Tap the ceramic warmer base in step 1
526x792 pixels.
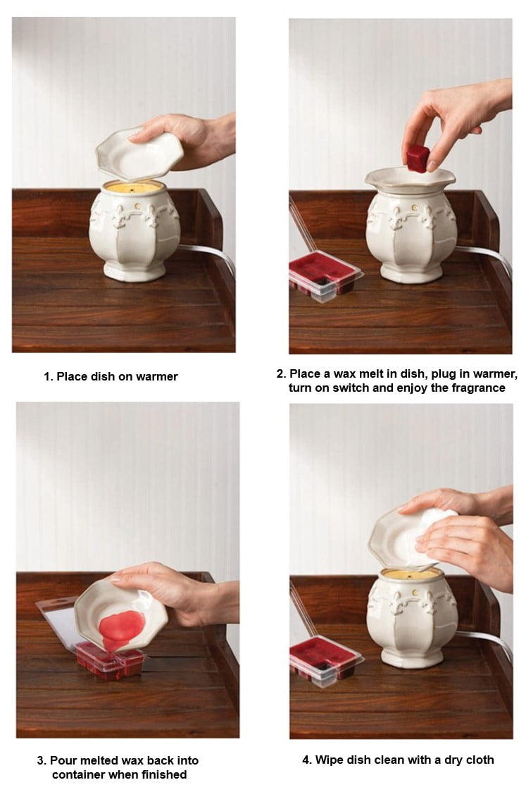pyautogui.click(x=134, y=230)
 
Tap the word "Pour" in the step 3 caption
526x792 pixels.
pyautogui.click(x=63, y=760)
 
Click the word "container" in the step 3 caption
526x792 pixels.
pyautogui.click(x=78, y=774)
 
